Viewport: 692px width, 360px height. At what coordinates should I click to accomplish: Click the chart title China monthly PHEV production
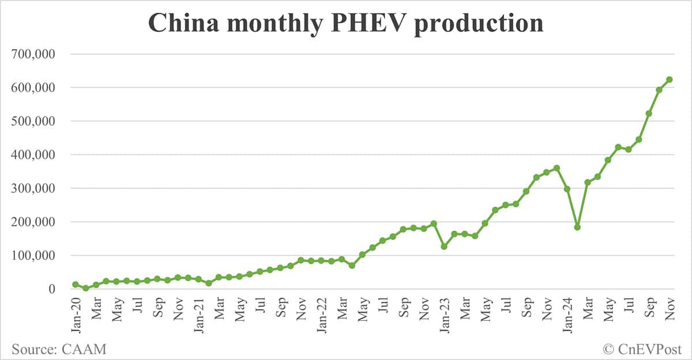pyautogui.click(x=346, y=23)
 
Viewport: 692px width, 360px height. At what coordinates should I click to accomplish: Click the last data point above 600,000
pyautogui.click(x=670, y=80)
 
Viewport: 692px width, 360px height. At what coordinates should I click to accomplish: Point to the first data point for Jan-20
pyautogui.click(x=76, y=284)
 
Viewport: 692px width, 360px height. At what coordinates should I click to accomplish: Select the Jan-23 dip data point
pyautogui.click(x=444, y=246)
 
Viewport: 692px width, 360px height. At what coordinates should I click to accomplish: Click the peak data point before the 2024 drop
pyautogui.click(x=556, y=168)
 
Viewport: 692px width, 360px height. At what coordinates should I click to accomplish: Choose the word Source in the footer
pyautogui.click(x=33, y=348)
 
